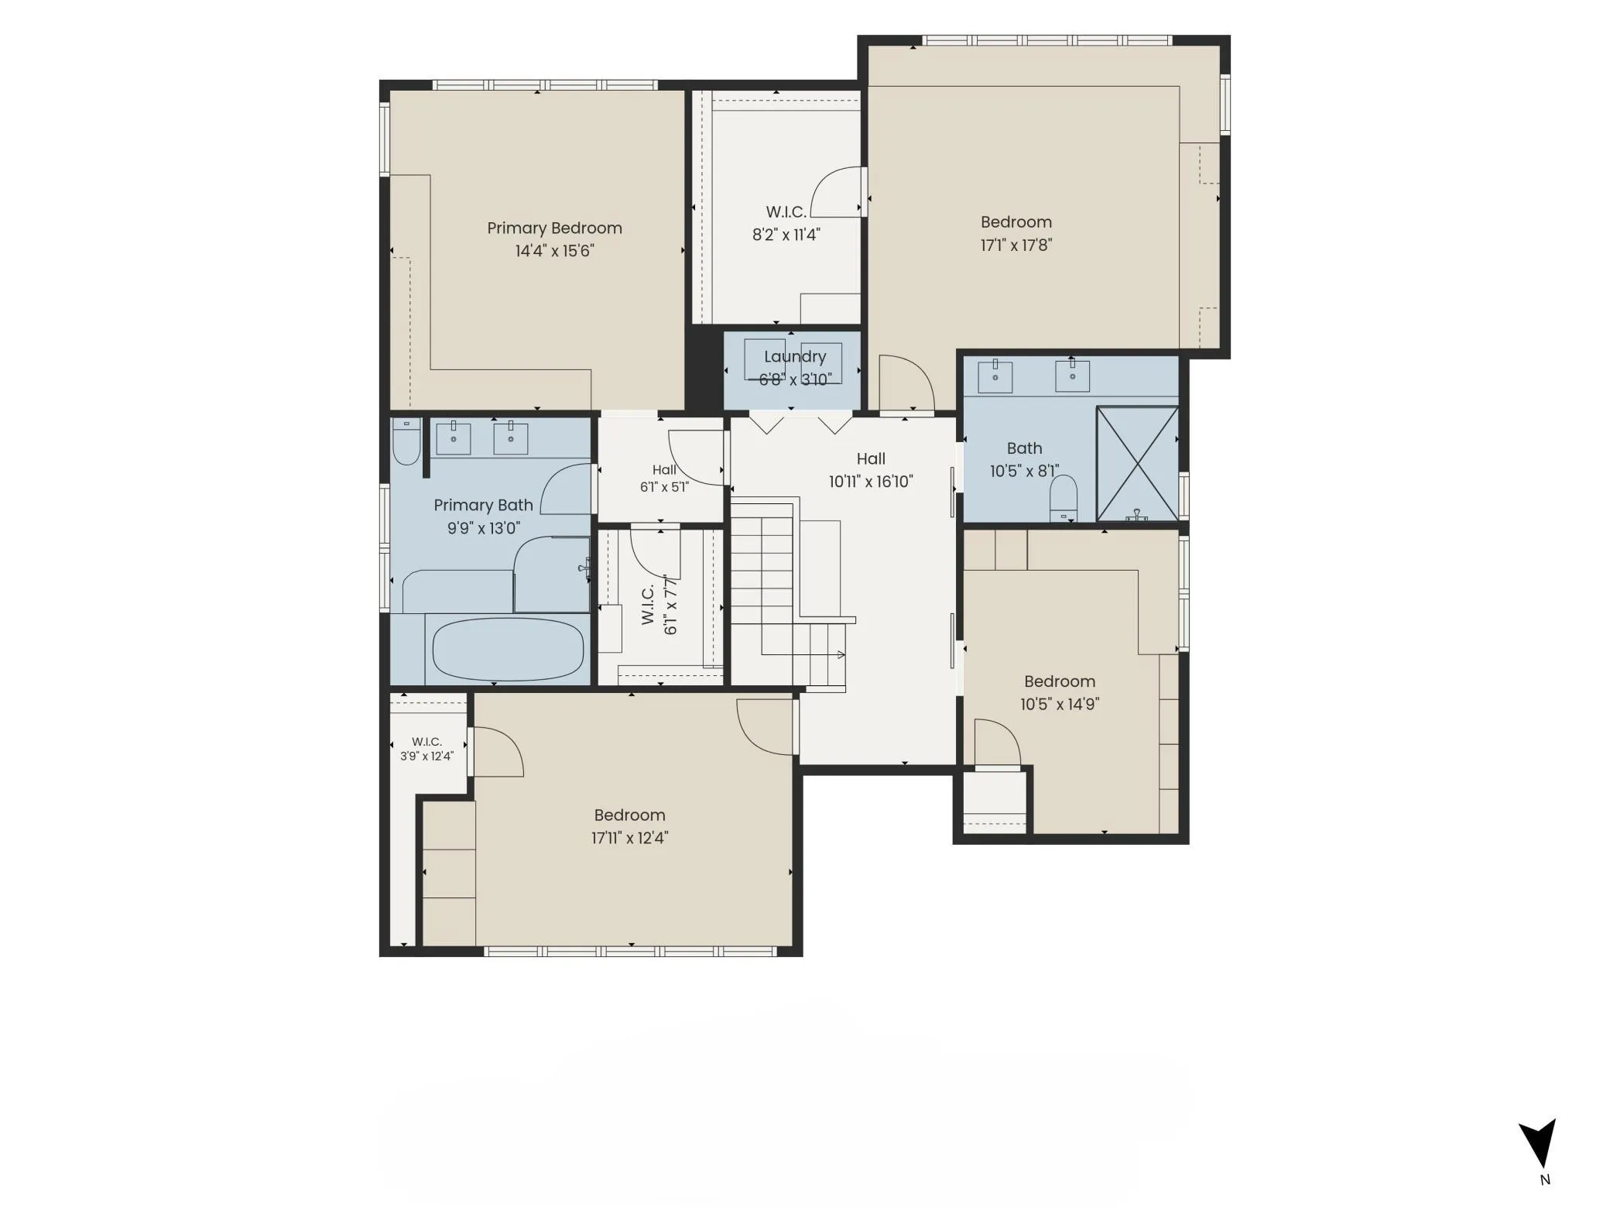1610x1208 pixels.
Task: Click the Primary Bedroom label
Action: tap(554, 228)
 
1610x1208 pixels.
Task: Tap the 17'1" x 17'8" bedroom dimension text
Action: tap(1016, 245)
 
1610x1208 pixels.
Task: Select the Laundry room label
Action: tap(795, 357)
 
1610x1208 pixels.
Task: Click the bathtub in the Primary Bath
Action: tap(508, 649)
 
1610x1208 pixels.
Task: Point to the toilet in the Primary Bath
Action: tap(406, 441)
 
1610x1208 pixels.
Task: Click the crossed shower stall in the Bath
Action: tap(1137, 464)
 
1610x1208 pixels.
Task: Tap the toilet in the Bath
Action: tap(1064, 498)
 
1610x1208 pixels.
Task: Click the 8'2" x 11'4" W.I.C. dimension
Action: tap(786, 235)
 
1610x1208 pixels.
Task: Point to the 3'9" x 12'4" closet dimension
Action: tap(426, 757)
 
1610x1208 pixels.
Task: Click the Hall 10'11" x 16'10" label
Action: tap(871, 470)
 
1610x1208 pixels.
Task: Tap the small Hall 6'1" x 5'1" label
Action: tap(664, 479)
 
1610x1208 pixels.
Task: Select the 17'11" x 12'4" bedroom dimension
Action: tap(630, 838)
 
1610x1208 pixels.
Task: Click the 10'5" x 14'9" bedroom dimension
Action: tap(1060, 705)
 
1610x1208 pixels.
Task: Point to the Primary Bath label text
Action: tap(483, 506)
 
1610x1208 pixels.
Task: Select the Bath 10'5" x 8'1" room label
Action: tap(1024, 460)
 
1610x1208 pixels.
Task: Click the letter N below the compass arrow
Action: tap(1545, 1180)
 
